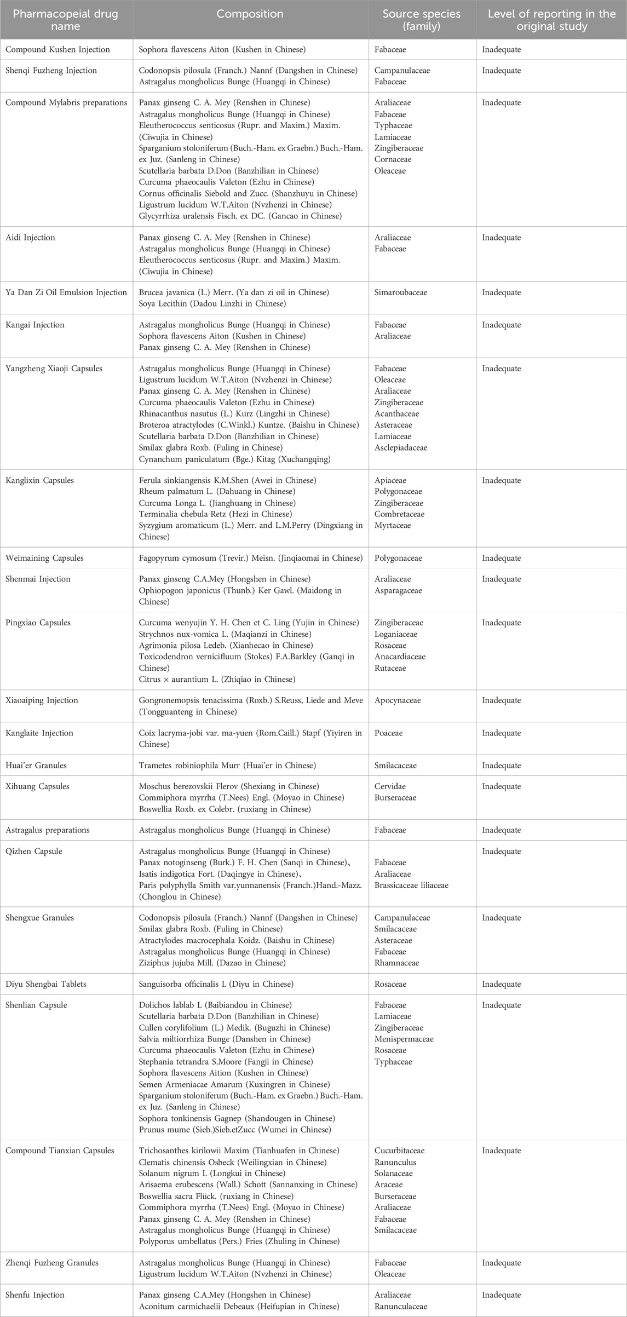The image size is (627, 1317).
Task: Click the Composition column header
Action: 250,14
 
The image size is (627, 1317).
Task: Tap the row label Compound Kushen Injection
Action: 57,50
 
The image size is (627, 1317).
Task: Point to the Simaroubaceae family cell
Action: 401,292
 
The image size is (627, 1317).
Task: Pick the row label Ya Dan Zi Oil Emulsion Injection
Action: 66,292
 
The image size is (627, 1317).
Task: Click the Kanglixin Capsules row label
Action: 39,481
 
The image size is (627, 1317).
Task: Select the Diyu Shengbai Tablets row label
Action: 46,984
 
